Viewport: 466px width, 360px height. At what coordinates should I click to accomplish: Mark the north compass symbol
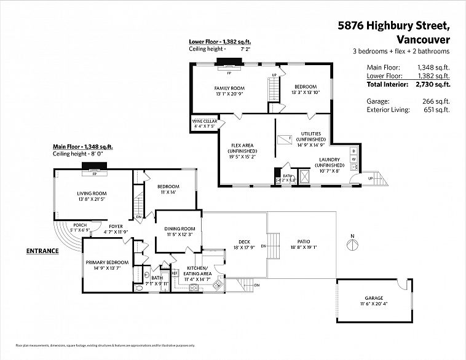click(352, 245)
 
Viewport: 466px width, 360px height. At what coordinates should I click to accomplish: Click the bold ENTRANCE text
click(42, 251)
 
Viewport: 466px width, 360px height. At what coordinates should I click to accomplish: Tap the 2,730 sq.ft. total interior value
click(434, 84)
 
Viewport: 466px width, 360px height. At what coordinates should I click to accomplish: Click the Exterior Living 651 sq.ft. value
click(440, 110)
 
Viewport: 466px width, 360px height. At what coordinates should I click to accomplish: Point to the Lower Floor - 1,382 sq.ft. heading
click(219, 42)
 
